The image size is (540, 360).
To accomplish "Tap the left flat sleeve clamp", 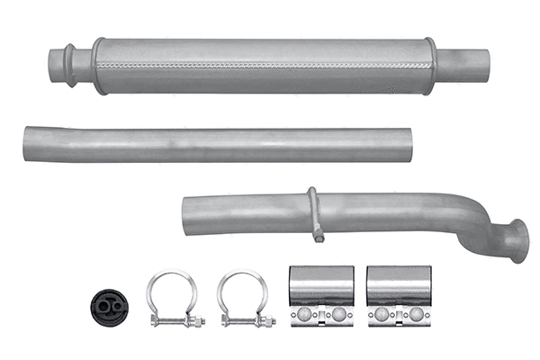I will (x=320, y=296).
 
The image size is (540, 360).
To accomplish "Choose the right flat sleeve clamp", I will (x=398, y=296).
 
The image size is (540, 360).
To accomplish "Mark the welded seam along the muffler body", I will (x=261, y=66).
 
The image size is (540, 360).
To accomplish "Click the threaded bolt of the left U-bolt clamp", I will (x=175, y=319).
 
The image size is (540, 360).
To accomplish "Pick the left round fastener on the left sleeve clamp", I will (x=304, y=316).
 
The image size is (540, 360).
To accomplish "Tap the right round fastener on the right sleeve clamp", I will (x=415, y=316).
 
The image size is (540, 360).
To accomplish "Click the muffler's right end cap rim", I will (x=431, y=64).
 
